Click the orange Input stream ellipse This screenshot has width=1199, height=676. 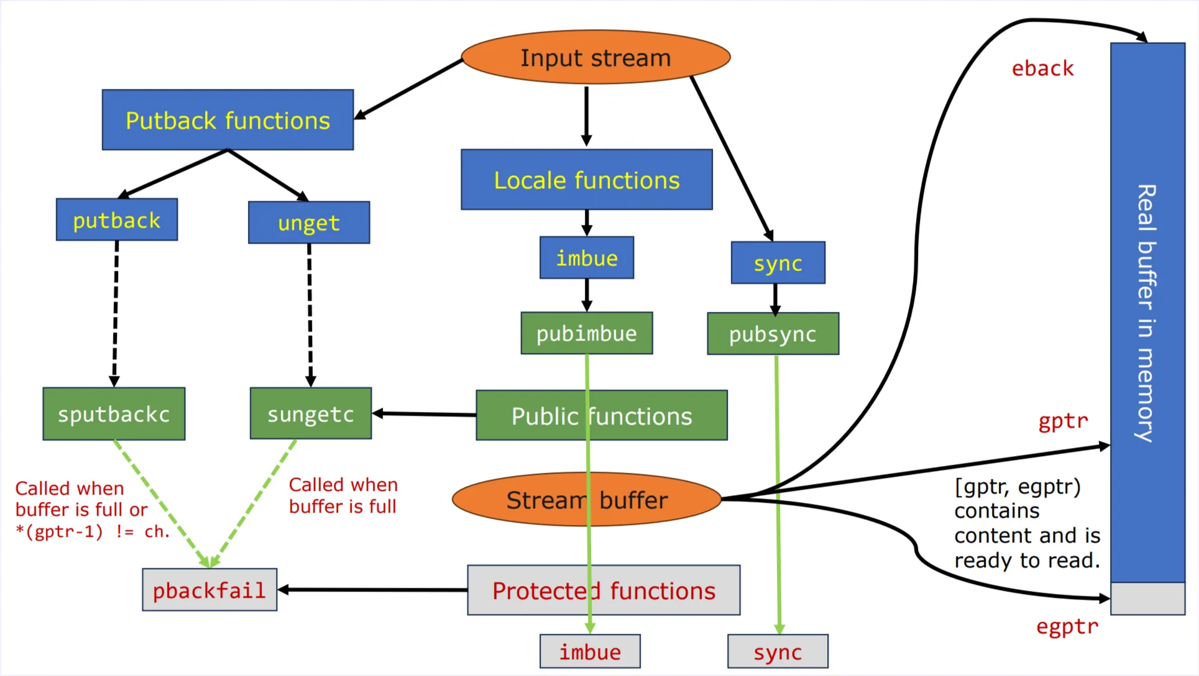tap(595, 57)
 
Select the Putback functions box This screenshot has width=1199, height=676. tap(227, 120)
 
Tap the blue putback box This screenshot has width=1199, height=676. tap(117, 220)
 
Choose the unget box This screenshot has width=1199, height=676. tap(309, 222)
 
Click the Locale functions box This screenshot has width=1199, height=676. tap(587, 180)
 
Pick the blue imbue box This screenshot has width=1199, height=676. tap(587, 258)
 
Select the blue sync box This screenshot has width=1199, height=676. tap(778, 263)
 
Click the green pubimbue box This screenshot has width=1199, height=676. tap(587, 334)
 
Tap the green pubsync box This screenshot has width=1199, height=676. tap(773, 334)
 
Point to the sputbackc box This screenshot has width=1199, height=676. tap(114, 414)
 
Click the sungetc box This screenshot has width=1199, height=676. tap(311, 414)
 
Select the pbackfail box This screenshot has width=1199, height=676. tap(209, 590)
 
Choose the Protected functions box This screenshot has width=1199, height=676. tap(604, 590)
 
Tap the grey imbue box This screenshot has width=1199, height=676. tap(590, 652)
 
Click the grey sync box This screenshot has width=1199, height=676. tap(778, 652)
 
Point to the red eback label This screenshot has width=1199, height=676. tap(1042, 68)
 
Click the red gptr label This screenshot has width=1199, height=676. tap(1063, 421)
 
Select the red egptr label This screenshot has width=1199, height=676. tap(1067, 626)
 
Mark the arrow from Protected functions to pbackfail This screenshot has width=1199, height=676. tap(373, 590)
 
